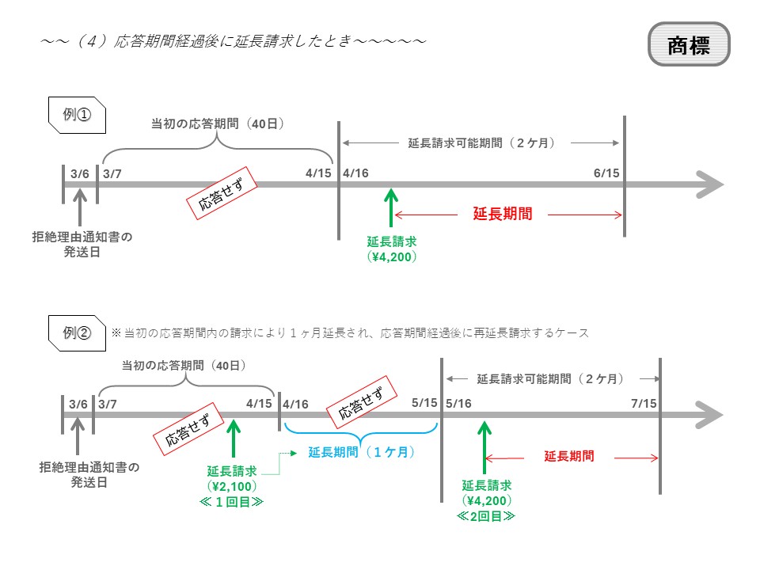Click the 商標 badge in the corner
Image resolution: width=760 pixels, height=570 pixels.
(688, 44)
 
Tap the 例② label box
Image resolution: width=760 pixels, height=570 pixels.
(78, 332)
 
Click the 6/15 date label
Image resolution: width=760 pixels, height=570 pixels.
(606, 173)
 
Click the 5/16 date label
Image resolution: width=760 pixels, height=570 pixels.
(458, 404)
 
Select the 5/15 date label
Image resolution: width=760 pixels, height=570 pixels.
(425, 404)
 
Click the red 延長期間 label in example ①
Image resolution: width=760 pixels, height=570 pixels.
(502, 214)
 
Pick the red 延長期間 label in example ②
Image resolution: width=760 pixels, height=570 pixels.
(569, 456)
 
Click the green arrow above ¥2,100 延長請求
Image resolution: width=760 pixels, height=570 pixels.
(233, 438)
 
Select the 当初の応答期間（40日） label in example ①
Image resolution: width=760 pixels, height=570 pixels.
(218, 124)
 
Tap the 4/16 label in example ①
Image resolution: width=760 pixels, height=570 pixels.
(355, 173)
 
